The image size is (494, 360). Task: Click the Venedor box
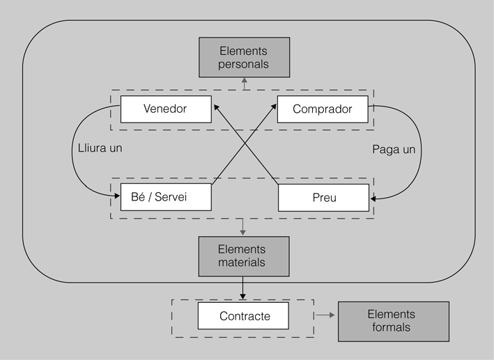(x=165, y=109)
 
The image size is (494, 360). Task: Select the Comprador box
(x=322, y=109)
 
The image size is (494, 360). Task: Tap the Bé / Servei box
(x=165, y=197)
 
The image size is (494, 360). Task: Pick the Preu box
(x=323, y=198)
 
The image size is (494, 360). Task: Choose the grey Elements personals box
(x=243, y=58)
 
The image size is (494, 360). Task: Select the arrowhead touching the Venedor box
(x=215, y=107)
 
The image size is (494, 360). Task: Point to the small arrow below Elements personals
(x=243, y=83)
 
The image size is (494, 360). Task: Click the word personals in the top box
(x=243, y=65)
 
